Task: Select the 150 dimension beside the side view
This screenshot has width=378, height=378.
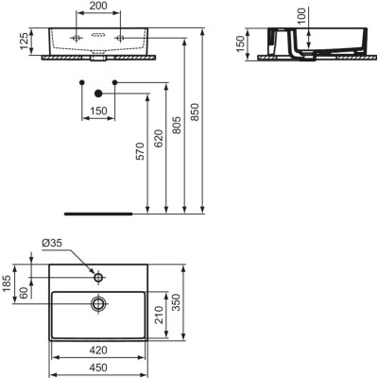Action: coord(242,44)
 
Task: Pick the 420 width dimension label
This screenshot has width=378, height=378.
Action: coord(98,349)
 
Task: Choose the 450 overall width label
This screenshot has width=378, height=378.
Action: coord(98,369)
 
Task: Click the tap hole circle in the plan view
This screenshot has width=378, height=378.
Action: coord(98,278)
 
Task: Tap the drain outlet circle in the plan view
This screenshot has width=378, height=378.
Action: coord(98,303)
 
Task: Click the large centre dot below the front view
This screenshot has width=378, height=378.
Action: coord(98,93)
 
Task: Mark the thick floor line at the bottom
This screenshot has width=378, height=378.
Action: coord(98,212)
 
